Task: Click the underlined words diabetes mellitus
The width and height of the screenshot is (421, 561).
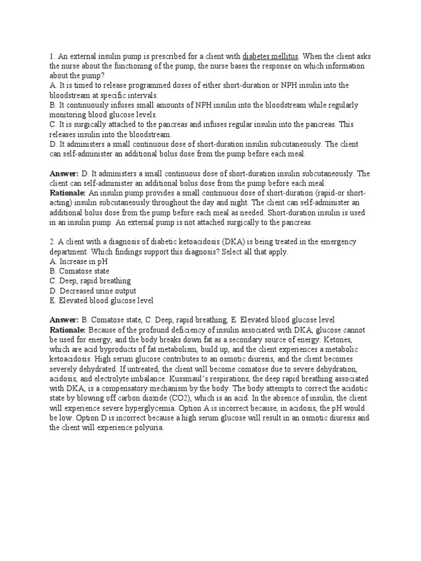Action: coord(270,56)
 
